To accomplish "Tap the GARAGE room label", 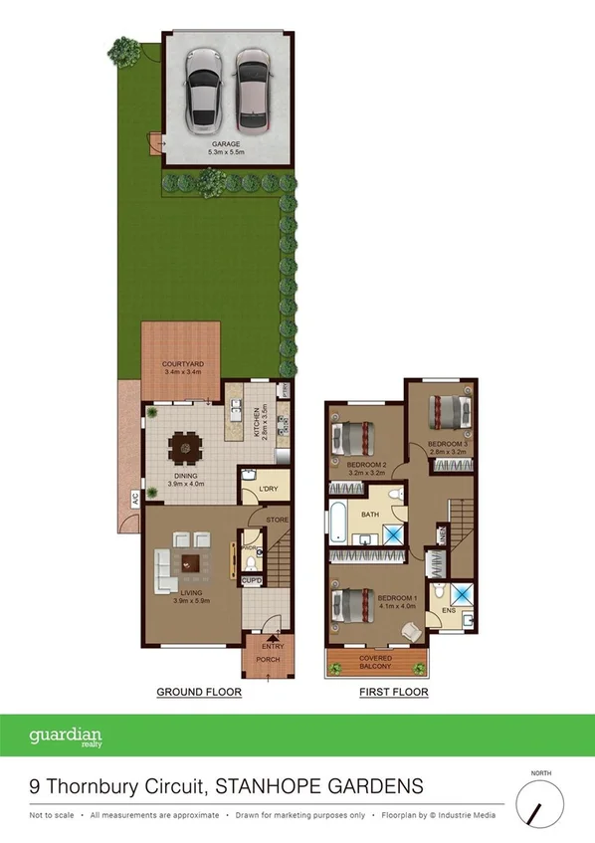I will tap(226, 144).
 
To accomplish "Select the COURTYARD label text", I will tap(182, 364).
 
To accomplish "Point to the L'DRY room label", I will tap(268, 489).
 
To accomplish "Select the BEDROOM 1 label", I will tap(396, 598).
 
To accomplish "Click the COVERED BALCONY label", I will tap(377, 662).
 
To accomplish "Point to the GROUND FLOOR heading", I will tap(199, 692).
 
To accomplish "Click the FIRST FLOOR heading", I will tap(393, 692).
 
